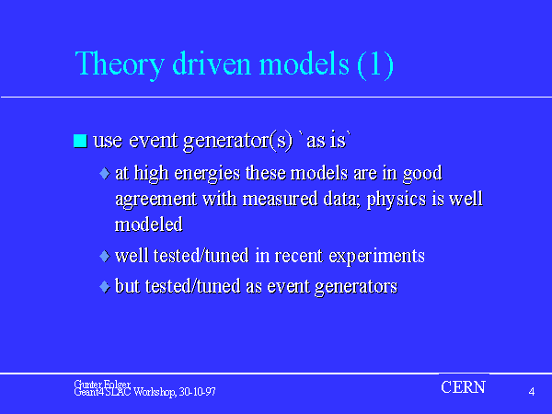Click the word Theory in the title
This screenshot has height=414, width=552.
pyautogui.click(x=120, y=64)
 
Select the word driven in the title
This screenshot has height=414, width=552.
pyautogui.click(x=212, y=63)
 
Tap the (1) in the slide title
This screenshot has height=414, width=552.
pyautogui.click(x=375, y=64)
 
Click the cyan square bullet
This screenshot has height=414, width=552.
pyautogui.click(x=80, y=141)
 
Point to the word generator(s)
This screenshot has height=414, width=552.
pyautogui.click(x=238, y=141)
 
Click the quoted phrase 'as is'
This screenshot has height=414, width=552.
pyautogui.click(x=325, y=140)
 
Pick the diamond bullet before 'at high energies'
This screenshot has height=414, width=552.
pyautogui.click(x=105, y=173)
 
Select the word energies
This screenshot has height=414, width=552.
pyautogui.click(x=207, y=174)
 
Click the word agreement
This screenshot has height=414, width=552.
pyautogui.click(x=156, y=200)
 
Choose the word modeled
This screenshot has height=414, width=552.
pyautogui.click(x=149, y=224)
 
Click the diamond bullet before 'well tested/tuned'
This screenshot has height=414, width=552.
pyautogui.click(x=105, y=256)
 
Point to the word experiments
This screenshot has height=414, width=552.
pyautogui.click(x=376, y=257)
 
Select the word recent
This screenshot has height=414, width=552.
pyautogui.click(x=298, y=256)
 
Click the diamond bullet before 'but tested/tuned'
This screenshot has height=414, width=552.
pyautogui.click(x=105, y=286)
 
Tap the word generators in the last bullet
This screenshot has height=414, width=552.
pyautogui.click(x=356, y=287)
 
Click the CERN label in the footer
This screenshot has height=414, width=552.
pyautogui.click(x=464, y=387)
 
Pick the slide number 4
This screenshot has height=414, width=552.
pyautogui.click(x=532, y=392)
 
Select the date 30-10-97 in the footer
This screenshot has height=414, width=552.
pyautogui.click(x=198, y=392)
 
